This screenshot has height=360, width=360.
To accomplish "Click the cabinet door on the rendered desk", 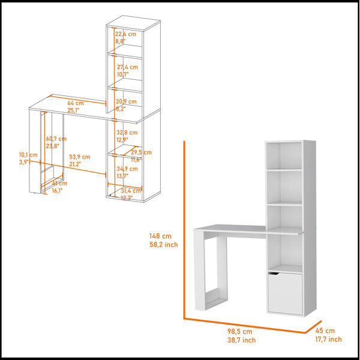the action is (x=285, y=293).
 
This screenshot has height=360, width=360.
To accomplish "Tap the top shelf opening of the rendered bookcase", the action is (x=284, y=155).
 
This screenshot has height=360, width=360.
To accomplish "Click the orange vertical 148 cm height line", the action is (x=184, y=230).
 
